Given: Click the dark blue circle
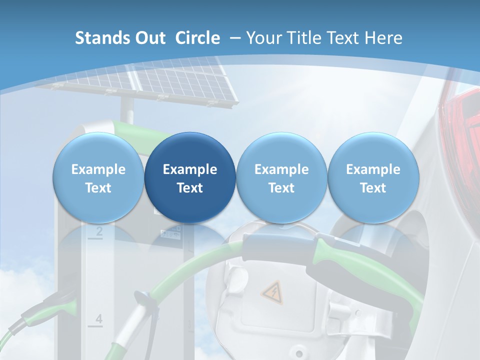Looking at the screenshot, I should (190, 177).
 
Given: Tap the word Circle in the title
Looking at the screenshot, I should (197, 38).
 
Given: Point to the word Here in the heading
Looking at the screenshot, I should (383, 38).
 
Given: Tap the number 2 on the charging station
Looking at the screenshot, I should (98, 231).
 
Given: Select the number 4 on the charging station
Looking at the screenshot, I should (98, 318).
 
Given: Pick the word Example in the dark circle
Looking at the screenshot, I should (190, 169).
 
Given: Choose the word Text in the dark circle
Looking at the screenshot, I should (190, 188).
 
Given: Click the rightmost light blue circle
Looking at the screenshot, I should (373, 177).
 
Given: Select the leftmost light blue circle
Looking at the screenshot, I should (98, 177).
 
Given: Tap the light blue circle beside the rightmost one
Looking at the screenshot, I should (281, 177).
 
